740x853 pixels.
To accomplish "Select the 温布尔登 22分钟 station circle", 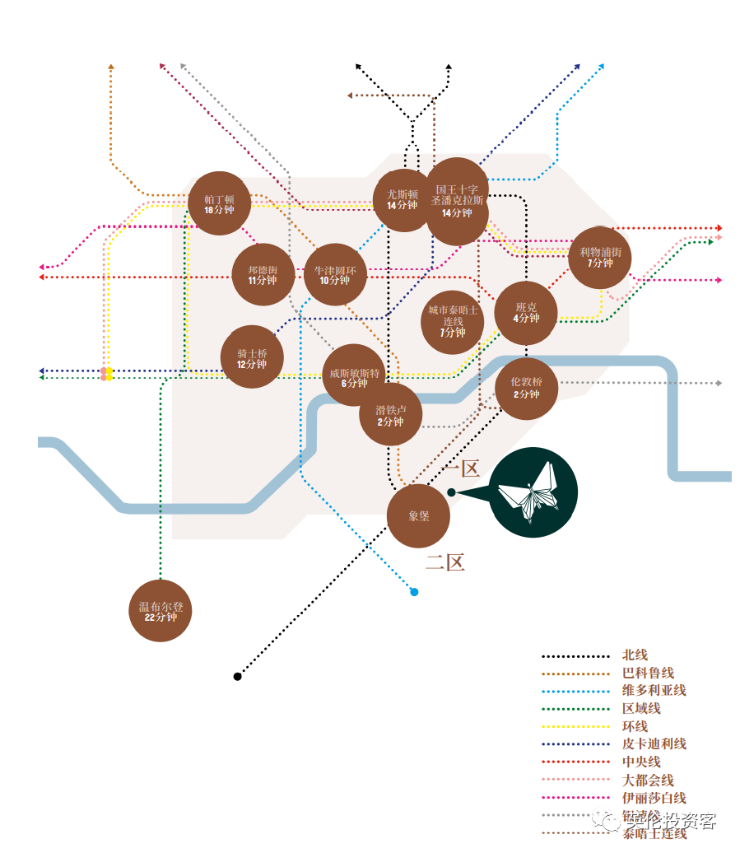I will pyautogui.click(x=161, y=611).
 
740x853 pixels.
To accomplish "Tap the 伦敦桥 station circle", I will pyautogui.click(x=527, y=388).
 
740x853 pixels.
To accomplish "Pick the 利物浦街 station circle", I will pyautogui.click(x=600, y=257).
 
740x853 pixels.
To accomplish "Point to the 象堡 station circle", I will pyautogui.click(x=419, y=516).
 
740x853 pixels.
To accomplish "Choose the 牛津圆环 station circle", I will pyautogui.click(x=335, y=274).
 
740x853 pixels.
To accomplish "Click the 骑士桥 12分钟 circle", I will pyautogui.click(x=252, y=358).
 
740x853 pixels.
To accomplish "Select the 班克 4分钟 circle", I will pyautogui.click(x=526, y=313).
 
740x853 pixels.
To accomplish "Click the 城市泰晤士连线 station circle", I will pyautogui.click(x=452, y=321).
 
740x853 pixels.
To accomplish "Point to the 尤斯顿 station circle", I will pyautogui.click(x=403, y=199).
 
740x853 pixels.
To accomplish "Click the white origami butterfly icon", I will pyautogui.click(x=534, y=492).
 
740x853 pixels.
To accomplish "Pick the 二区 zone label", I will pyautogui.click(x=445, y=563).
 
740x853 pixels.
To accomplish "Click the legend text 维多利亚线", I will pyautogui.click(x=654, y=690).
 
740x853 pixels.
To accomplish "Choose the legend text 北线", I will pyautogui.click(x=635, y=655).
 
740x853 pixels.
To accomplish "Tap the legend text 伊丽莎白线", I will pyautogui.click(x=654, y=797).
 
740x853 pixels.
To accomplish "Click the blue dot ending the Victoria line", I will pyautogui.click(x=414, y=591).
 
